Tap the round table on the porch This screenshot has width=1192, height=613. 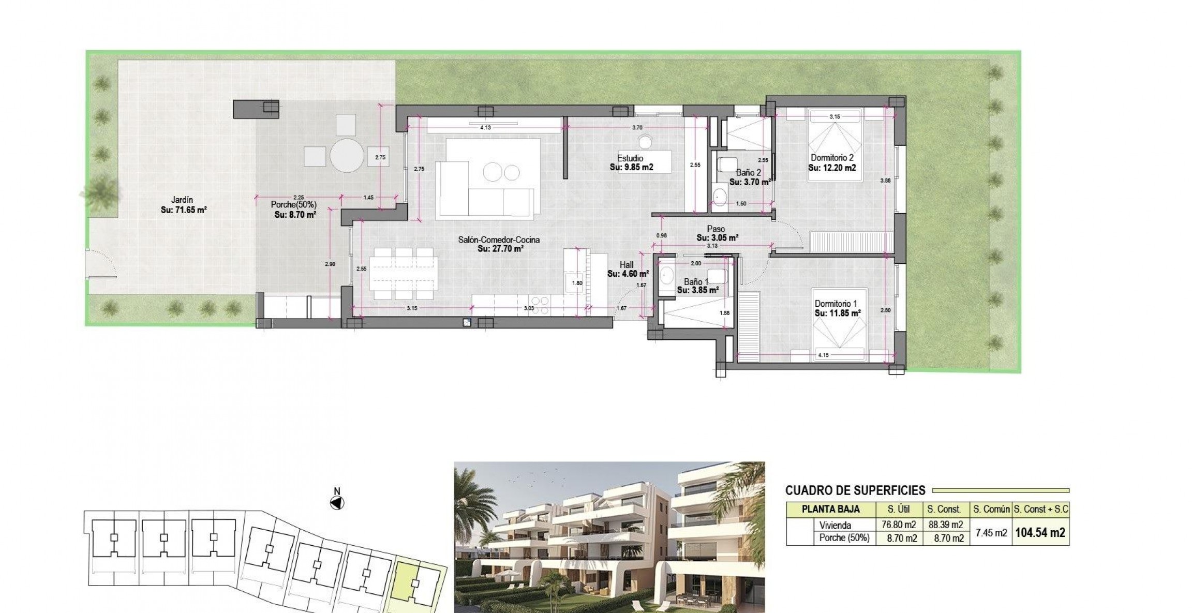coord(347,155)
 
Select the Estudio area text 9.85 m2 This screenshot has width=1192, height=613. coord(631,168)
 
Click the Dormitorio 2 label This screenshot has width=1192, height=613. coord(832,158)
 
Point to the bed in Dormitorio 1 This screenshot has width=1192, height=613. coord(841,324)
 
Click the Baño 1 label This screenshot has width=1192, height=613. coord(696,282)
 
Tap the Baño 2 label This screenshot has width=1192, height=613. coord(748,173)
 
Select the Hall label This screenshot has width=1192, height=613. coord(626,265)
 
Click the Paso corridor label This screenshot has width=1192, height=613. coord(717,229)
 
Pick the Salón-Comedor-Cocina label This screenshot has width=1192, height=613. coord(499,240)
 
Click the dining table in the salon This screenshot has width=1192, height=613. coord(404,274)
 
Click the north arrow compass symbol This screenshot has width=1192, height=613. coord(337,502)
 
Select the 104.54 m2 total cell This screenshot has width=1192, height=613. coord(1040,533)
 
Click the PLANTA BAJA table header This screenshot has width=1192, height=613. coord(830,509)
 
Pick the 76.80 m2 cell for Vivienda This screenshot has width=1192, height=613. coord(899,525)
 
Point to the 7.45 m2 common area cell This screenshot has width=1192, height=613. coord(991,533)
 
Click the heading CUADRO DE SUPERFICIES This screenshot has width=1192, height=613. coord(855,490)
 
